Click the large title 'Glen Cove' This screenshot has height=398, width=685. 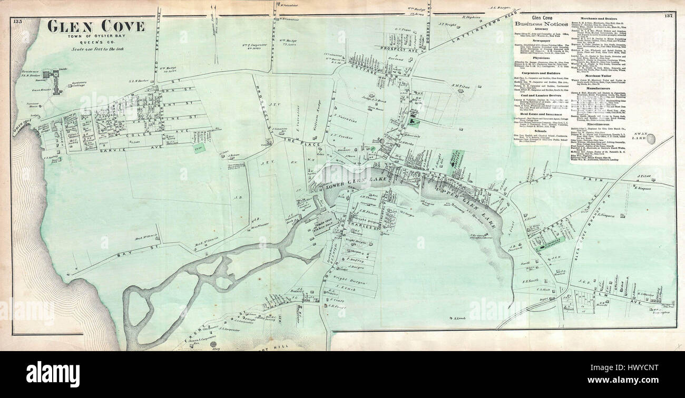tap(96, 26)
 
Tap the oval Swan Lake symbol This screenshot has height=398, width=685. tap(652, 139)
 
